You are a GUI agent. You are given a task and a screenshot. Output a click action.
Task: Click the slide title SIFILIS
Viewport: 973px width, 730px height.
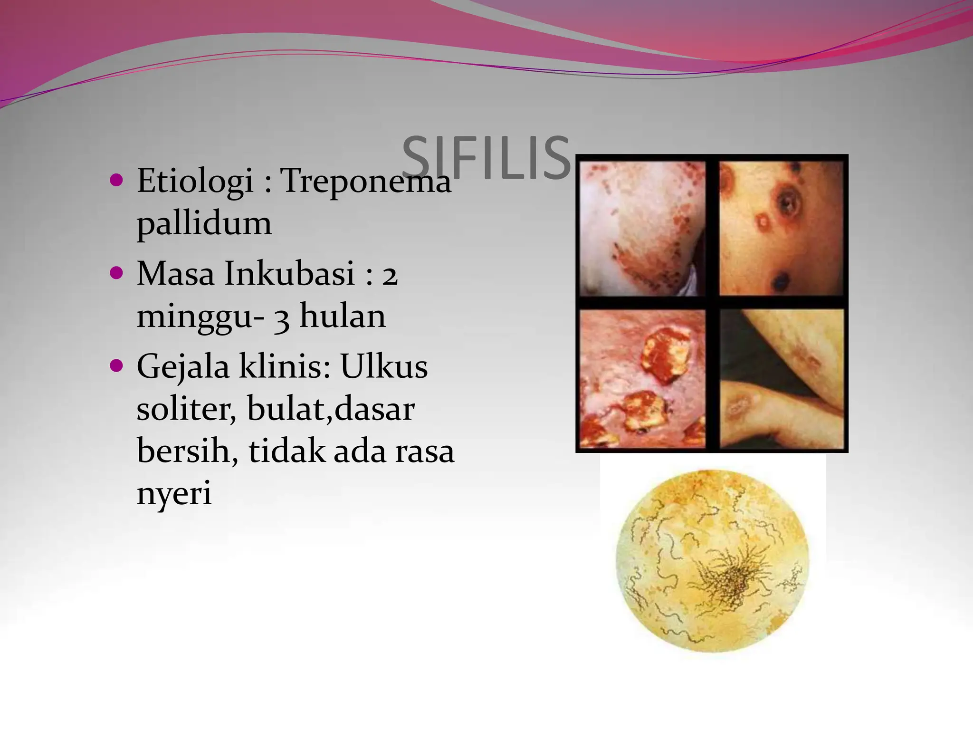pyautogui.click(x=486, y=158)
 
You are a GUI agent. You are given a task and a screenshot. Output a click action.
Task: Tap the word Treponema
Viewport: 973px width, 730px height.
pyautogui.click(x=366, y=182)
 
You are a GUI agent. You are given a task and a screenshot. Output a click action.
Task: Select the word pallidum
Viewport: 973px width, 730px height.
pyautogui.click(x=204, y=223)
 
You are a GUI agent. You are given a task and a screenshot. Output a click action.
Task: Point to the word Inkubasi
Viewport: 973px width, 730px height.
pyautogui.click(x=290, y=274)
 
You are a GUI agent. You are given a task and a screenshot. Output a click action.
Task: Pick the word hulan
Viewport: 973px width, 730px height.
pyautogui.click(x=343, y=316)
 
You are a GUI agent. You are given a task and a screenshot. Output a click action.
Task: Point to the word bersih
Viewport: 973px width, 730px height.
pyautogui.click(x=187, y=451)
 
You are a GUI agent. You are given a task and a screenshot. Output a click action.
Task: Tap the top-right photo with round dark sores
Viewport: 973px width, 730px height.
pyautogui.click(x=782, y=229)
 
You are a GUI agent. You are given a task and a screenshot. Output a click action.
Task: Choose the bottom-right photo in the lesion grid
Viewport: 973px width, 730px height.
pyautogui.click(x=782, y=378)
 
